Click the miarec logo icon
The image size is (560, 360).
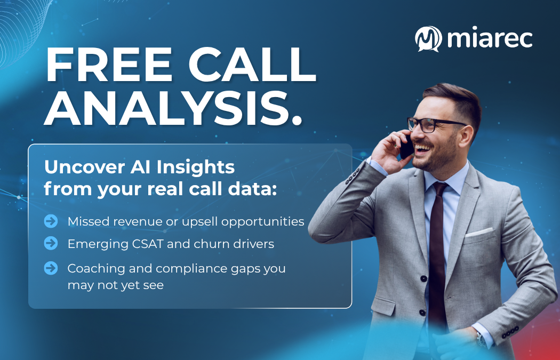click(x=429, y=38)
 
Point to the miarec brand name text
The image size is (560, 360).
click(x=490, y=38)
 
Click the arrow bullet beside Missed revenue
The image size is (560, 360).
click(x=51, y=221)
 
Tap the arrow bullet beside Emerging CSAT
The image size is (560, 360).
click(x=51, y=244)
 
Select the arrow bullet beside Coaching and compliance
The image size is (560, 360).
click(x=51, y=268)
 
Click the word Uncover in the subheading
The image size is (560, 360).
click(x=78, y=167)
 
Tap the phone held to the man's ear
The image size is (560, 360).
click(x=406, y=145)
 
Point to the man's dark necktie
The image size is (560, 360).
click(x=438, y=251)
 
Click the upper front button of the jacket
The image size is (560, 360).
click(x=423, y=278)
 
